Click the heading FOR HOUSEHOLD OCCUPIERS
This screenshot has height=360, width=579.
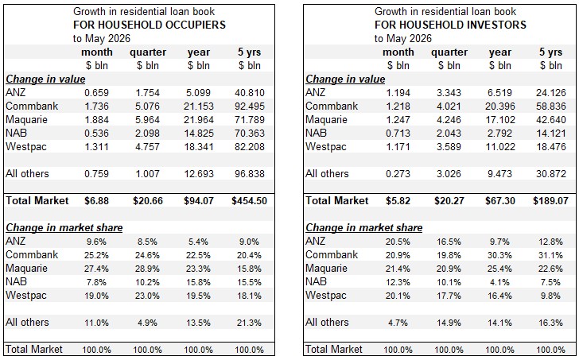[150, 25]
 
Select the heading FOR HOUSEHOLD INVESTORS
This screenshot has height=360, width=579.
[450, 25]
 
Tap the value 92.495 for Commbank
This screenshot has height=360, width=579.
[250, 106]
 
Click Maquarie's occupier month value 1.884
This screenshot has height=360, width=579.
[97, 120]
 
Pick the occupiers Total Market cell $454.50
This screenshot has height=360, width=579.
[249, 200]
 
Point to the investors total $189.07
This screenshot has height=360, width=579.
[550, 200]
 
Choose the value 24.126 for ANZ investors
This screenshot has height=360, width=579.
[551, 92]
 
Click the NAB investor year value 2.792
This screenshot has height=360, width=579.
[500, 134]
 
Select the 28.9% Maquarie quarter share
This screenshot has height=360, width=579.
[147, 269]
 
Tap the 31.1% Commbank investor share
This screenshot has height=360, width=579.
[550, 255]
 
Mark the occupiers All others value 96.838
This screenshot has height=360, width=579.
[250, 174]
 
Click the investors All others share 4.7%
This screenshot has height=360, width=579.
[398, 323]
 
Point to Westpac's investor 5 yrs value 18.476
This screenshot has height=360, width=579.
[551, 147]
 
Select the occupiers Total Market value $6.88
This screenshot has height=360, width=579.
[97, 200]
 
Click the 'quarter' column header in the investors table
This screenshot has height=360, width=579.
[449, 52]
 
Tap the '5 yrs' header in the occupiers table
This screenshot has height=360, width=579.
[249, 52]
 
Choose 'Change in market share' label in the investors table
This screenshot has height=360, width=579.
[363, 227]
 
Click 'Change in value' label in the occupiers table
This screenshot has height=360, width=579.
[45, 79]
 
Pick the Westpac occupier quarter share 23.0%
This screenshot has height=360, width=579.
[147, 296]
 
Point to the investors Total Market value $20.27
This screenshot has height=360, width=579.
[449, 200]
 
